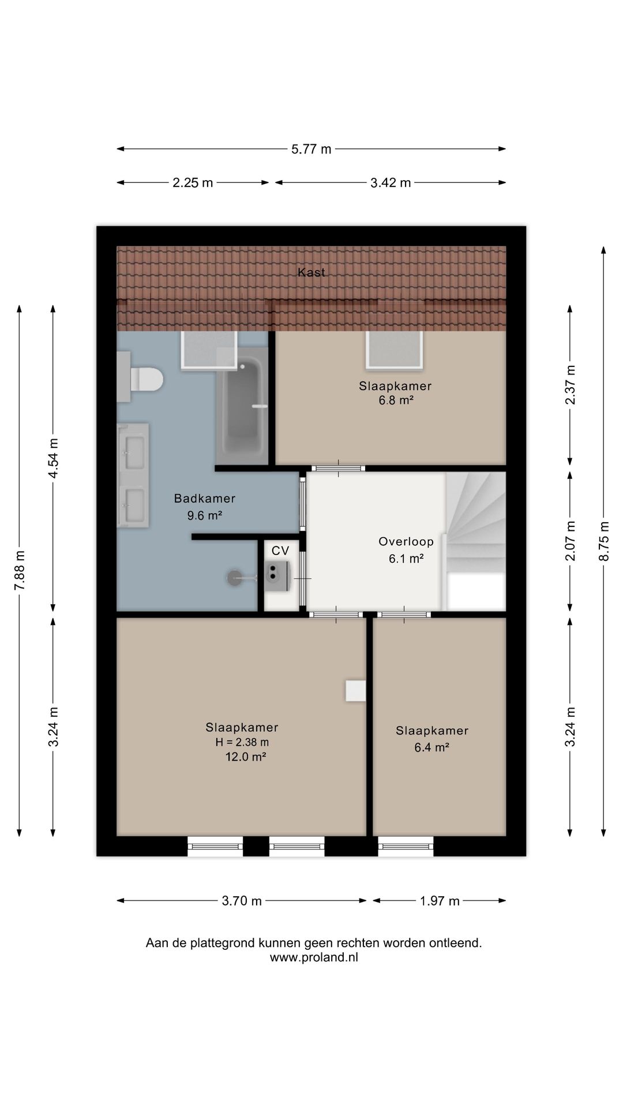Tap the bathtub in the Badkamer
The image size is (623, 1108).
(x=242, y=407)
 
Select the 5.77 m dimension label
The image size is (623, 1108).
(x=311, y=149)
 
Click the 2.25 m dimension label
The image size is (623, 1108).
(x=193, y=183)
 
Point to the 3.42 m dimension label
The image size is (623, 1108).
(x=391, y=183)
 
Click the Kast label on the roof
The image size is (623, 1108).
(x=311, y=272)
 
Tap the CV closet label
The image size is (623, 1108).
(x=280, y=551)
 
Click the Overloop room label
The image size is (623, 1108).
(x=406, y=541)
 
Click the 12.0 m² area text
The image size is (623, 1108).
(x=245, y=757)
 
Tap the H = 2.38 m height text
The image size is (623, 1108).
(x=242, y=743)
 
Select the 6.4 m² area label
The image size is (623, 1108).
(x=431, y=747)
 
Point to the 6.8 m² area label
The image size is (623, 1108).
(x=396, y=400)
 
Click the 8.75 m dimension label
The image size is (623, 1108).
(x=604, y=541)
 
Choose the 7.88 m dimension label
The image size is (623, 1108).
(x=20, y=570)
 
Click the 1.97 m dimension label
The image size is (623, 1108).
(x=440, y=901)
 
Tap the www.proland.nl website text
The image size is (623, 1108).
(x=314, y=957)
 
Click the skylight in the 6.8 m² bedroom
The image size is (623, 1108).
(x=395, y=350)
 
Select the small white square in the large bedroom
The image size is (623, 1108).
(x=355, y=691)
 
